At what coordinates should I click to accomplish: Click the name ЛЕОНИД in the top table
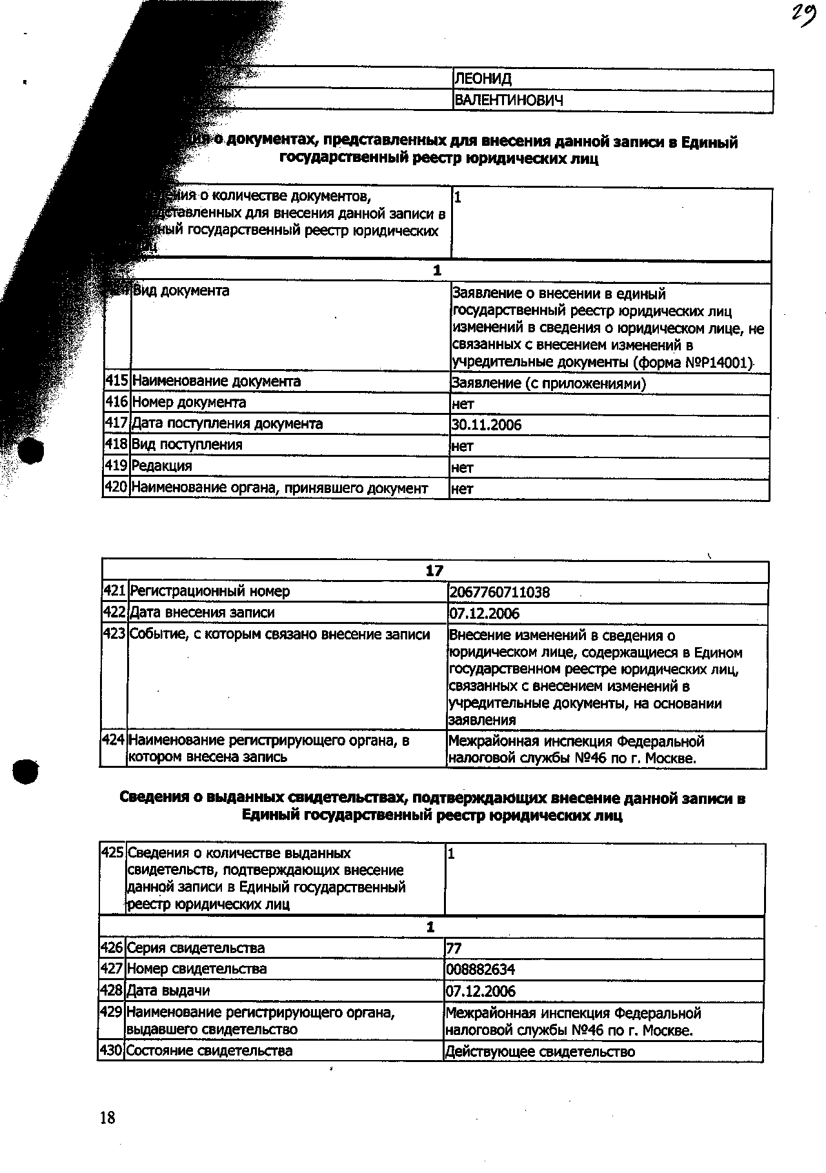pyautogui.click(x=483, y=79)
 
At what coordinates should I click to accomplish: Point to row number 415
pyautogui.click(x=117, y=381)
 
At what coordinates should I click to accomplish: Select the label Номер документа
pyautogui.click(x=189, y=403)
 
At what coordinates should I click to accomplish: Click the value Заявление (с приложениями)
pyautogui.click(x=549, y=383)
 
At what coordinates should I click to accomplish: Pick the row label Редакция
pyautogui.click(x=162, y=466)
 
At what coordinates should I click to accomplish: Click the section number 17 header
pyautogui.click(x=434, y=570)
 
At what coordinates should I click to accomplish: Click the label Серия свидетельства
pyautogui.click(x=196, y=948)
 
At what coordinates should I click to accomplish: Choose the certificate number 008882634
pyautogui.click(x=481, y=970)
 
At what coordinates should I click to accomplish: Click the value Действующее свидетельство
pyautogui.click(x=540, y=1052)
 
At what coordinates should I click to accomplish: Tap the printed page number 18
pyautogui.click(x=108, y=1118)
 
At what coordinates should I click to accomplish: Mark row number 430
pyautogui.click(x=111, y=1050)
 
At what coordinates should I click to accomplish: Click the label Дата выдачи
pyautogui.click(x=168, y=990)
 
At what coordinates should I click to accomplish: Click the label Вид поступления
pyautogui.click(x=187, y=445)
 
